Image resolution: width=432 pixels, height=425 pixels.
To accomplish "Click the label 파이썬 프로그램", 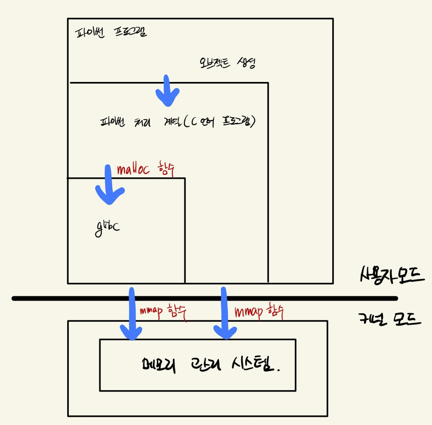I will click(111, 33).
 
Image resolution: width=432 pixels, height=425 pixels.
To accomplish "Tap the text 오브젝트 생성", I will click(227, 63).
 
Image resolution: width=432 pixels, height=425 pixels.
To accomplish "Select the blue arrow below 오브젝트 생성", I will click(167, 91).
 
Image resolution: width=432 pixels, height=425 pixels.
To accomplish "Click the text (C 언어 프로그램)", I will click(219, 121).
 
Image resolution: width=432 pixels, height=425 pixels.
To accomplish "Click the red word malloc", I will click(133, 169).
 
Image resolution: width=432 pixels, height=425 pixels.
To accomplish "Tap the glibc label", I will click(107, 228).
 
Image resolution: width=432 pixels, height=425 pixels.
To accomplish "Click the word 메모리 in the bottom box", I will click(158, 365).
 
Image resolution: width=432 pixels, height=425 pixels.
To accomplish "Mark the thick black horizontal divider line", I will click(304, 299).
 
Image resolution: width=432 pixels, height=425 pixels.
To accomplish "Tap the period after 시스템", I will click(279, 370).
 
